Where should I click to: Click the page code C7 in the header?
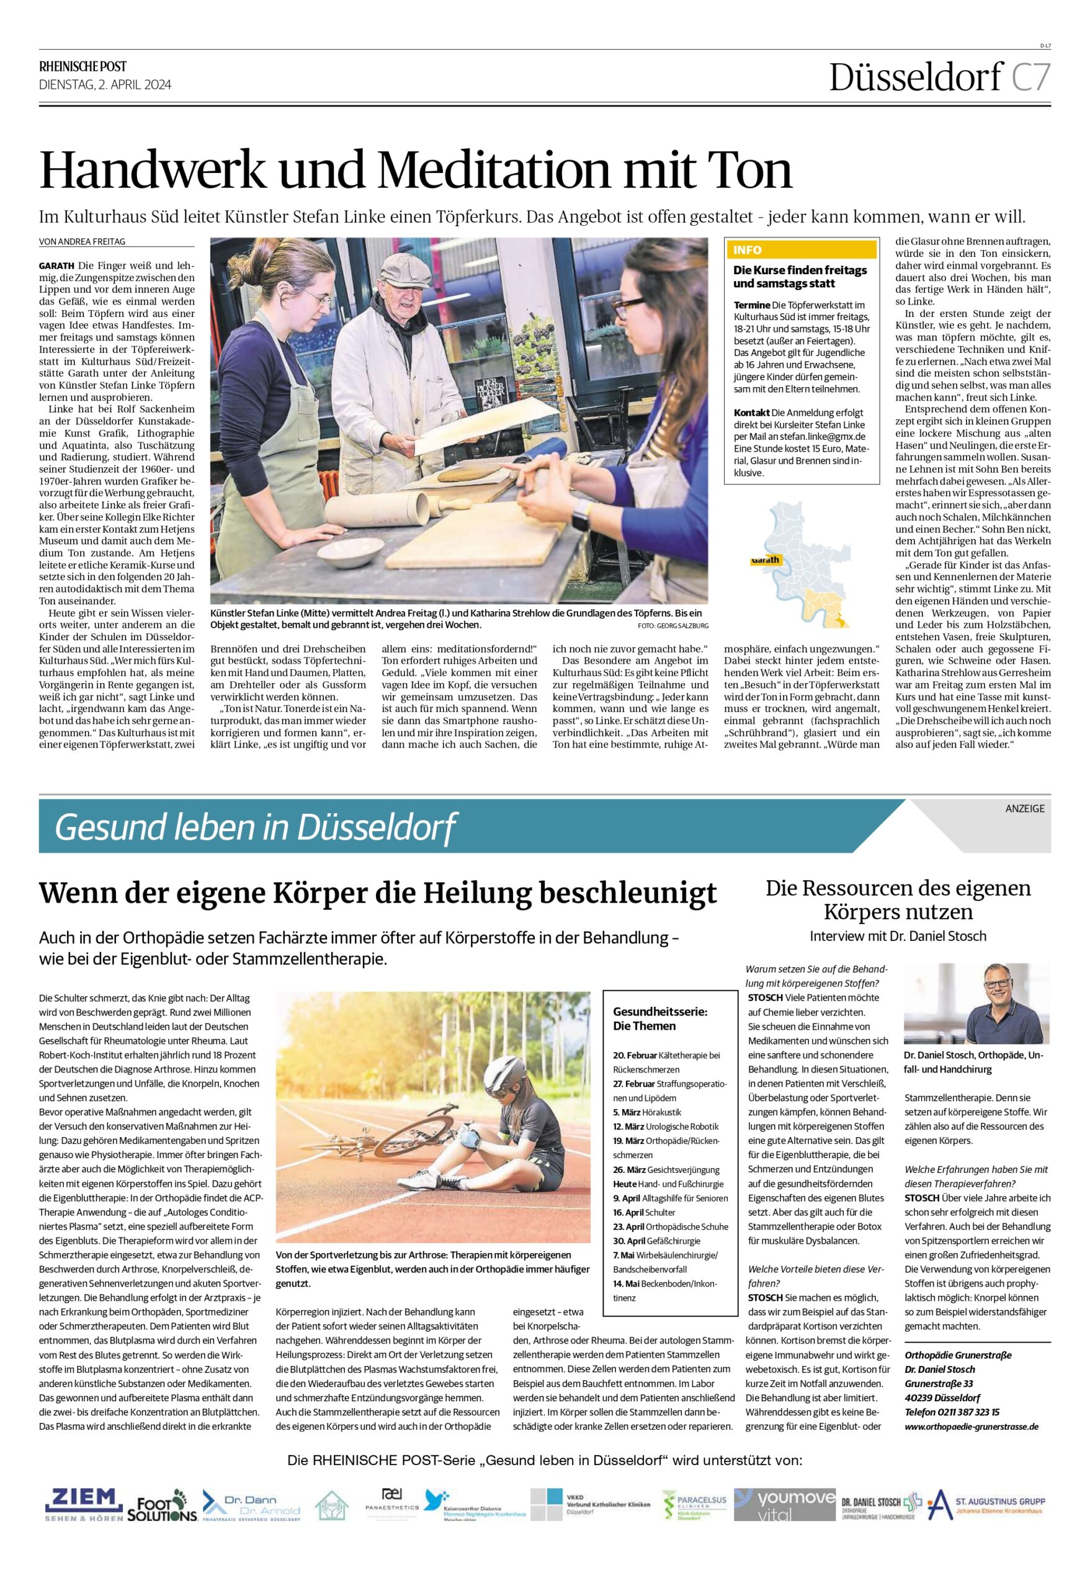click(x=1030, y=78)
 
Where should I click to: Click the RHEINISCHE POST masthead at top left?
click(x=83, y=66)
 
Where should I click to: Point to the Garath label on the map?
click(x=766, y=560)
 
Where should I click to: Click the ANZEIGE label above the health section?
click(x=1024, y=808)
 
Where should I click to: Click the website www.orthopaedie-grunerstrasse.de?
click(x=971, y=1407)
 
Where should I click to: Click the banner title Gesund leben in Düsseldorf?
click(x=255, y=828)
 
